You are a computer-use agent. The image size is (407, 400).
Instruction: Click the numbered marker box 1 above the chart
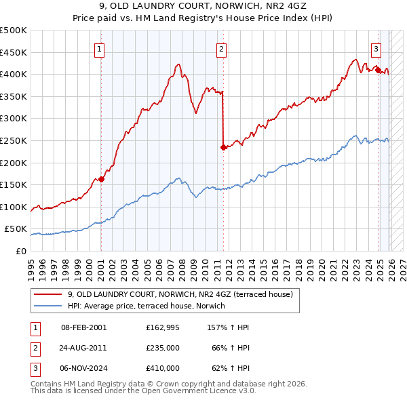99,48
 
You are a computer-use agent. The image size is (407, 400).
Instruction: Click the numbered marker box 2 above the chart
222,48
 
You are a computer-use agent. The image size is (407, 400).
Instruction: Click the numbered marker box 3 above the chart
376,48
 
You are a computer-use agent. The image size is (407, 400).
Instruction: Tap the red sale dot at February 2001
101,179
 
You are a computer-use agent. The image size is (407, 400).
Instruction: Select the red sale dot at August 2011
223,147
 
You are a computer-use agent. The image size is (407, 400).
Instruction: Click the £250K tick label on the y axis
14,140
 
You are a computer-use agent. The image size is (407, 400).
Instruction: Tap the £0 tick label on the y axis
22,251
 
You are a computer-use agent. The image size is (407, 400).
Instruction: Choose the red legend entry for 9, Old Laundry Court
180,294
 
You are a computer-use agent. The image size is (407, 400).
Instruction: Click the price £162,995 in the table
162,327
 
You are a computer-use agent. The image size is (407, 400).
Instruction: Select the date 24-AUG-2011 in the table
83,348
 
